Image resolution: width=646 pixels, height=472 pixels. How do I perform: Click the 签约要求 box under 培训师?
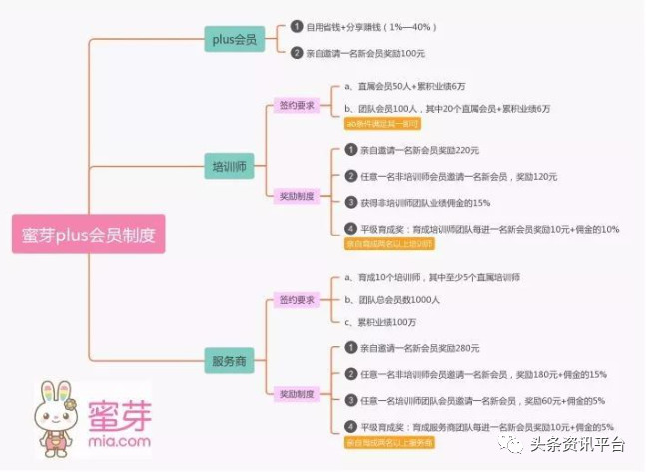296,103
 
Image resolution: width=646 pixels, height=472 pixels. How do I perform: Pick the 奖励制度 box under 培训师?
296,196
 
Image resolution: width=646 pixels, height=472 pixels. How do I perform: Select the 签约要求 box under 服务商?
296,300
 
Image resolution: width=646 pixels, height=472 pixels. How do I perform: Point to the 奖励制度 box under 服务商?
296,394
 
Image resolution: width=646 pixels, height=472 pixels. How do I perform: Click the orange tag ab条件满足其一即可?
382,123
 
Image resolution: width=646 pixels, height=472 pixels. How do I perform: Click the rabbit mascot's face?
59,408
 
